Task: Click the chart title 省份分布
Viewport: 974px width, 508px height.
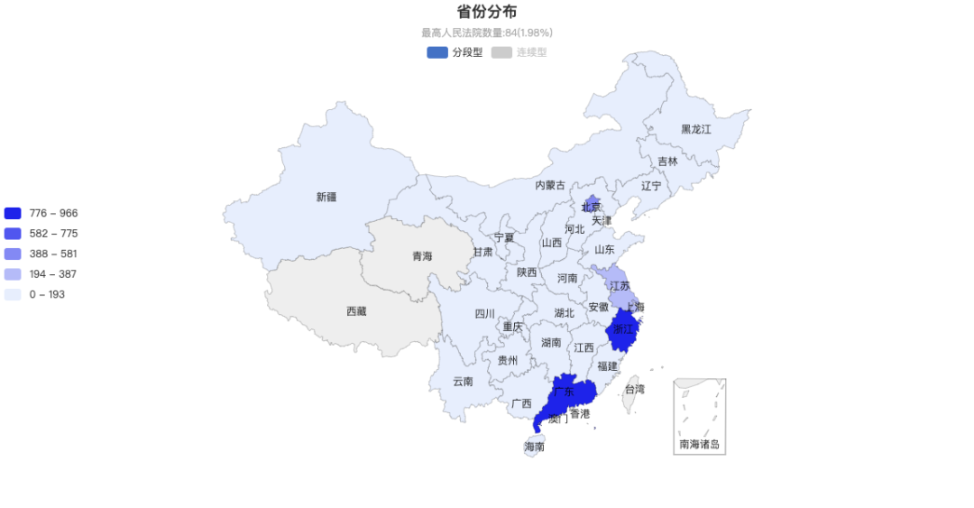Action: pos(486,12)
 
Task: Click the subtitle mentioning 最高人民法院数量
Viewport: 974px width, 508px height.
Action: pos(486,32)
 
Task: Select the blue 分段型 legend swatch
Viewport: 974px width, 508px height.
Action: pos(437,52)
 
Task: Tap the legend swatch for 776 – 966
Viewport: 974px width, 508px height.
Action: pos(13,214)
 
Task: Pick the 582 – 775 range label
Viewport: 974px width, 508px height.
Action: pos(53,234)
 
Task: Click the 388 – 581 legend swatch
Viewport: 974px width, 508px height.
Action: pos(13,254)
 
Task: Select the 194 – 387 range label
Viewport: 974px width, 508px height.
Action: pos(53,274)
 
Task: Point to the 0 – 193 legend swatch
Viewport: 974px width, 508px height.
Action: pos(13,295)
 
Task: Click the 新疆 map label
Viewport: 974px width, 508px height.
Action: pos(326,197)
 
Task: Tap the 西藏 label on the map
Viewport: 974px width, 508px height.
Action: pos(356,311)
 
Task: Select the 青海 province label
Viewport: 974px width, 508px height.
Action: pos(422,256)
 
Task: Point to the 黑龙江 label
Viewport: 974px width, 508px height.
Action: pos(695,129)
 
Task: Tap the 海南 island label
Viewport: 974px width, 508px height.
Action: pos(534,447)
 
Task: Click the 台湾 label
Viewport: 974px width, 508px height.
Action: pos(635,390)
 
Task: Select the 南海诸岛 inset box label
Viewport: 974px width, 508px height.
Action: pos(700,444)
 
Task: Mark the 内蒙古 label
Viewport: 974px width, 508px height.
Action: pos(550,185)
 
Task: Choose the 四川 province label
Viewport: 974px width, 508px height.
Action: pos(484,314)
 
